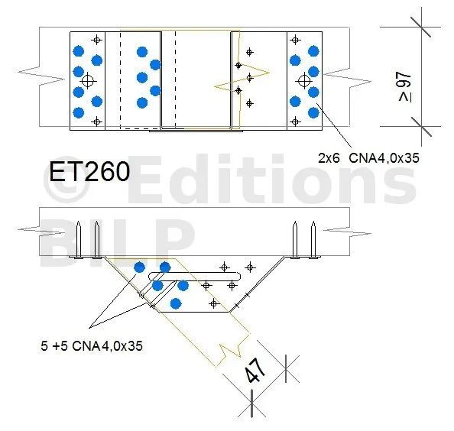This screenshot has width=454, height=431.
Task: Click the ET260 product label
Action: point(89,171)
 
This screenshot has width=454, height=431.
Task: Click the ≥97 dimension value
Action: point(405,87)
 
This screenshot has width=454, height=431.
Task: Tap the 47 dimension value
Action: point(255,370)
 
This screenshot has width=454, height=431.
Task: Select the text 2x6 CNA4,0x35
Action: point(368,158)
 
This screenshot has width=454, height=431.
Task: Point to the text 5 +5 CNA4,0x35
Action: point(92,346)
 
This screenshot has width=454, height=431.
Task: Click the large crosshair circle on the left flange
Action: point(87,81)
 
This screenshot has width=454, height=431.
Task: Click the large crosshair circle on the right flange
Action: point(304,81)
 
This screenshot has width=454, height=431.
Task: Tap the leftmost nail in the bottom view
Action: point(78,240)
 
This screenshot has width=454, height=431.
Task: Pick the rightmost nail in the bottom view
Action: point(313,240)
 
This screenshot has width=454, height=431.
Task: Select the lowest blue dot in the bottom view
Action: point(176,303)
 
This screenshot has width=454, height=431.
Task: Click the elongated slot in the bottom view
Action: point(194,277)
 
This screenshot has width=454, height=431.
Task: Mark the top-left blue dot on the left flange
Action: point(79,51)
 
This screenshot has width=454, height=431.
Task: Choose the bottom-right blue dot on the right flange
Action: point(313,112)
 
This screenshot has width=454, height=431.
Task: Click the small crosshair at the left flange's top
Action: point(97,40)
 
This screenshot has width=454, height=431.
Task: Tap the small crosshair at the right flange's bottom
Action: point(295,122)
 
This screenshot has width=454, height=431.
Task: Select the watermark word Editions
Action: point(272,180)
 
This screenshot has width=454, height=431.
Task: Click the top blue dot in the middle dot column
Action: point(142,52)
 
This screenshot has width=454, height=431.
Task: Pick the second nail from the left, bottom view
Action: point(97,240)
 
